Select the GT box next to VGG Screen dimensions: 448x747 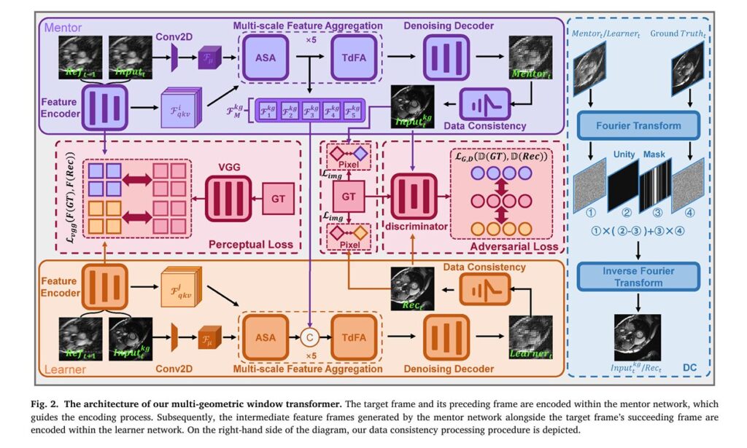(x=277, y=198)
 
